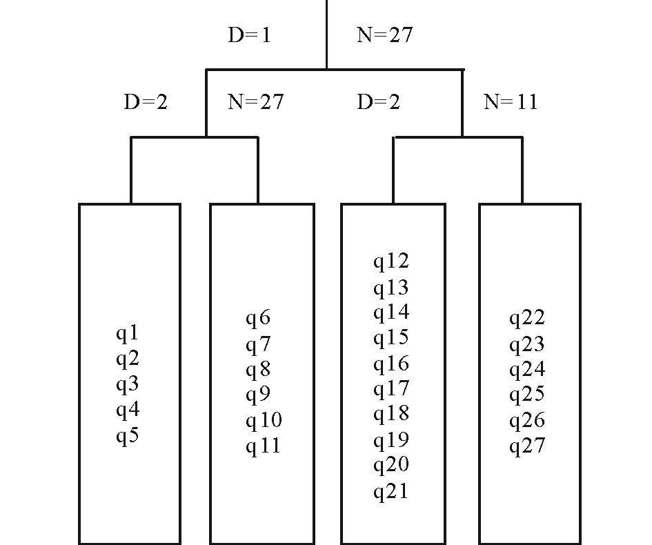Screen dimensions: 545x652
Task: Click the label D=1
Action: pos(249,35)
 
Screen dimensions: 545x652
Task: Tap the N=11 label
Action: pos(511,102)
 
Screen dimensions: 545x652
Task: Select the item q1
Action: pos(128,334)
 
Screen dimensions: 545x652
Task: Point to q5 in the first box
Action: pos(128,436)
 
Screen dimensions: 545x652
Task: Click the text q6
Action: pos(258,319)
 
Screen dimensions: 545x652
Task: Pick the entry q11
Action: pos(264,446)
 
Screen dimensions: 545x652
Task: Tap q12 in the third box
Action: pos(391,261)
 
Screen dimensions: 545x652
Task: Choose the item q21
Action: pos(391,492)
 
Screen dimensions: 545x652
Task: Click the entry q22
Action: pos(527,318)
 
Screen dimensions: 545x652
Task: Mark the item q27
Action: pos(527,446)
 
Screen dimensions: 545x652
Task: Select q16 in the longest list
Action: pos(391,364)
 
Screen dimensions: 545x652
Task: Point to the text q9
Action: pos(258,395)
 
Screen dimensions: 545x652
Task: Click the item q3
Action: pos(128,385)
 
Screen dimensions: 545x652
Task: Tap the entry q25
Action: pos(527,395)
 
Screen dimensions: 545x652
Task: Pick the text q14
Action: pos(391,313)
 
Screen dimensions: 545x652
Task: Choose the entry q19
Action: pos(391,440)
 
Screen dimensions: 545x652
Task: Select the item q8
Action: pos(258,370)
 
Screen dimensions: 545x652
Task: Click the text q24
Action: pos(527,370)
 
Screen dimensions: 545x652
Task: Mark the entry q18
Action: pos(391,414)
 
